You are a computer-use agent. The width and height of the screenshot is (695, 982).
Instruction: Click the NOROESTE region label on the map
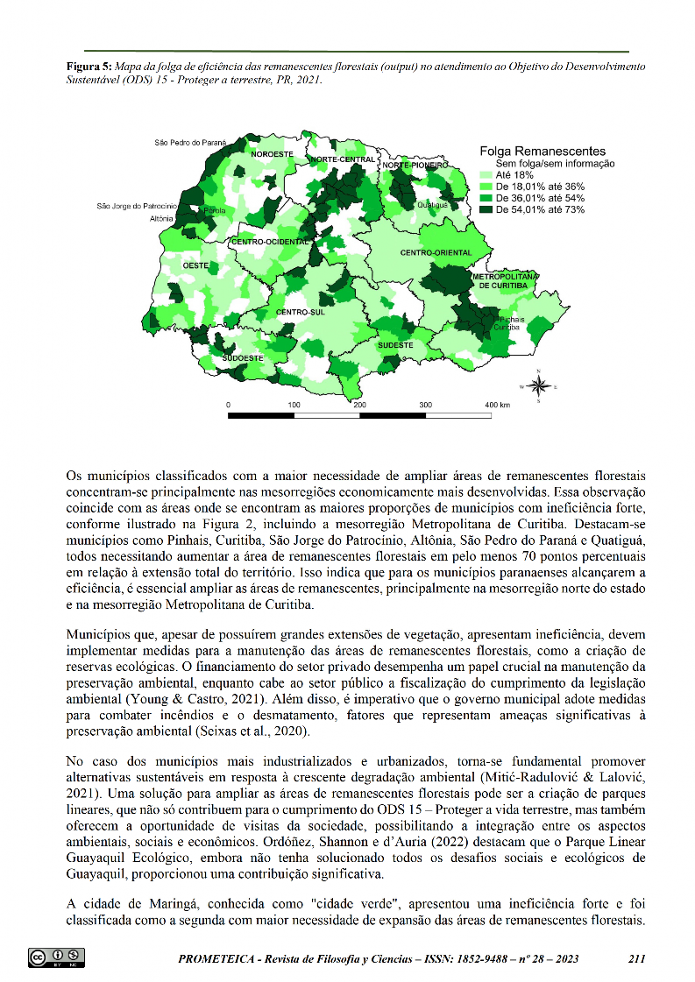pos(273,154)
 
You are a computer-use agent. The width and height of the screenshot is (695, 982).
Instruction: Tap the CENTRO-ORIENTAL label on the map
pos(436,253)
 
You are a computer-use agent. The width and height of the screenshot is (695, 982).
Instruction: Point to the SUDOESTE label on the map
pos(243,358)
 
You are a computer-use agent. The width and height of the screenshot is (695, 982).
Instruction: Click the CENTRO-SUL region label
pos(300,312)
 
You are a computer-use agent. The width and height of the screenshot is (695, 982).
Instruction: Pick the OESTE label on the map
pos(195,265)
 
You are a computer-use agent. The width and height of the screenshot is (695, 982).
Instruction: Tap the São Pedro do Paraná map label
pos(190,141)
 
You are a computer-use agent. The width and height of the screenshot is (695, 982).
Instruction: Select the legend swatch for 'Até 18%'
pos(487,175)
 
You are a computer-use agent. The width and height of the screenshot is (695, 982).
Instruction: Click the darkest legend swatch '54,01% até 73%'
pos(487,209)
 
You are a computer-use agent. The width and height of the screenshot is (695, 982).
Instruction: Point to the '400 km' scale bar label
pos(498,406)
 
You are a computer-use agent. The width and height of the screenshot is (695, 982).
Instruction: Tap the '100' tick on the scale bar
pos(294,406)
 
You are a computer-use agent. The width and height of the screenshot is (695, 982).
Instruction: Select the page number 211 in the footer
pos(637,957)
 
